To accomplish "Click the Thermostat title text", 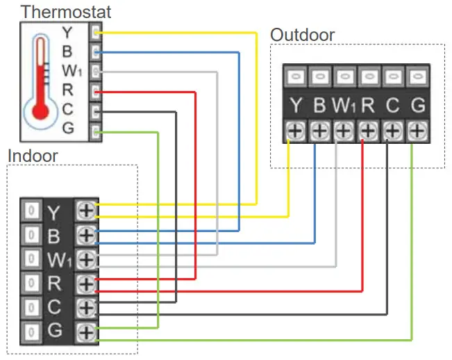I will [x=65, y=12].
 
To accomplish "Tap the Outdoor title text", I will [x=302, y=35].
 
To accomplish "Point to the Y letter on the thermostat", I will [x=67, y=32].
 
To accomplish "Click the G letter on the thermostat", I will [x=67, y=129].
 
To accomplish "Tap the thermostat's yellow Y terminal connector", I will [x=96, y=32].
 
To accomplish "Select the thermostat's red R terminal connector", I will [x=96, y=90].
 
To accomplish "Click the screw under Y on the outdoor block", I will [x=295, y=130].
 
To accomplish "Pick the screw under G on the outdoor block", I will [x=417, y=130].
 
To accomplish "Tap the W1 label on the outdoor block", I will [x=344, y=106].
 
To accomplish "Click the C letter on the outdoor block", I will [x=393, y=106].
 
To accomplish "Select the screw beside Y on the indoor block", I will [x=86, y=210].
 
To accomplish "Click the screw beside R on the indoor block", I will [x=86, y=283].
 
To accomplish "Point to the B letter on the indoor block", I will [x=54, y=236].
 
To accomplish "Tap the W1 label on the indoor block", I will [x=58, y=260].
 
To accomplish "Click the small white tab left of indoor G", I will [x=31, y=332].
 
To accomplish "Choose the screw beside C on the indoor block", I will [x=86, y=307].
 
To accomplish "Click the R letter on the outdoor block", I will [x=368, y=106].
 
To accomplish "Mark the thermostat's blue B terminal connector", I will [x=96, y=51].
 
